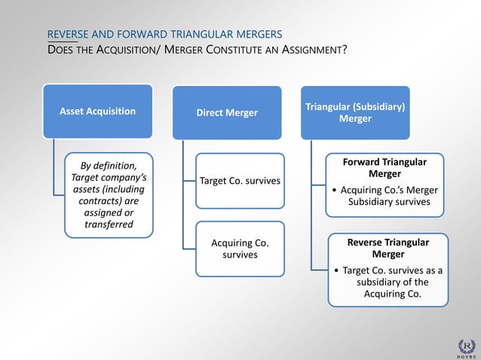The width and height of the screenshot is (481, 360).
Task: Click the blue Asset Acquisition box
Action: pyautogui.click(x=98, y=111)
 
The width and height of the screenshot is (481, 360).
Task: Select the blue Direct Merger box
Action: pyautogui.click(x=227, y=112)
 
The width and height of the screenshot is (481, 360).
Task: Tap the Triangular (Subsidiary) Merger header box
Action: pyautogui.click(x=355, y=112)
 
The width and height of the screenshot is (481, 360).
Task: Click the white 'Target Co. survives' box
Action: pyautogui.click(x=240, y=181)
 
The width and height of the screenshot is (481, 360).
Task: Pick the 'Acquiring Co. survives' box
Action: pyautogui.click(x=240, y=249)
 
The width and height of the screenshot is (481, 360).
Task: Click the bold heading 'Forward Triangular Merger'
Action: pyautogui.click(x=384, y=168)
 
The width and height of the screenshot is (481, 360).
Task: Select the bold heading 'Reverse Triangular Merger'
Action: pyautogui.click(x=388, y=248)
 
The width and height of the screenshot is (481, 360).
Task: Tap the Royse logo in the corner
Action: pyautogui.click(x=467, y=347)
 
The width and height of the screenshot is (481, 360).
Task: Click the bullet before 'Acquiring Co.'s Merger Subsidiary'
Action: pyautogui.click(x=334, y=190)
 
